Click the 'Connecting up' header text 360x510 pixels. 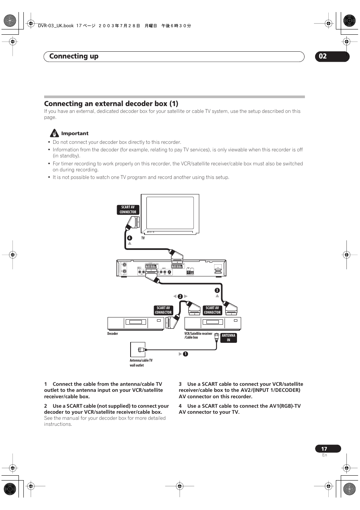(74, 56)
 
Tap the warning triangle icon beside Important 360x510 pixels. (54, 133)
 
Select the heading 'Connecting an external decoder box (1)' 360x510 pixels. (111, 103)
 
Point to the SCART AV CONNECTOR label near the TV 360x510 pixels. (128, 210)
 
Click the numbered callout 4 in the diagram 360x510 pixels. (129, 238)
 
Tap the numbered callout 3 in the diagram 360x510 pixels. (217, 290)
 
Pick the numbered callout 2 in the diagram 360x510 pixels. (180, 296)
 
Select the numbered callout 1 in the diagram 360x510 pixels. (185, 354)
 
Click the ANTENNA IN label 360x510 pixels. (228, 337)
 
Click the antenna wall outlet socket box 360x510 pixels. (138, 350)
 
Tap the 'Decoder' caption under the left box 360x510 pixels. (112, 334)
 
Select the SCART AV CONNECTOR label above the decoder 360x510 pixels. (163, 310)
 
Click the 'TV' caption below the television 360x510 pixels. (143, 238)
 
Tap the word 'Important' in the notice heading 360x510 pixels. (75, 133)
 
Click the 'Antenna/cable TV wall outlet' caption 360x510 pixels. (141, 363)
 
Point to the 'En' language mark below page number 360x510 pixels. (325, 455)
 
